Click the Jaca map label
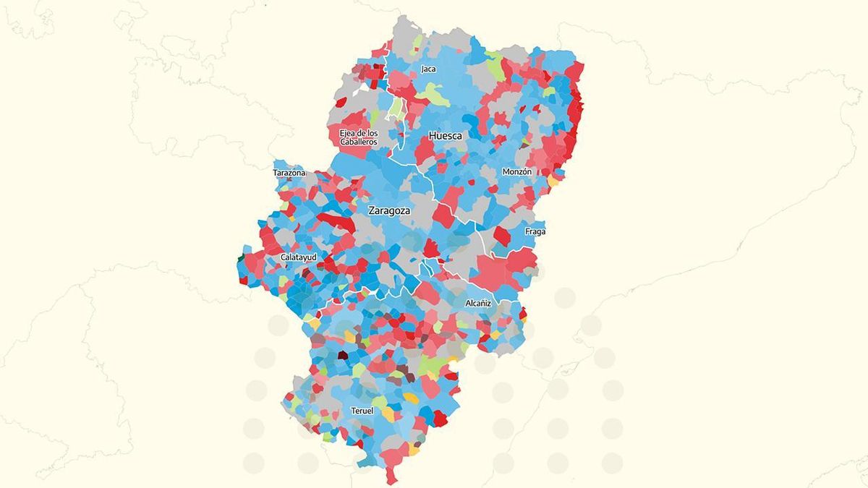[428, 69]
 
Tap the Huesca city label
[445, 136]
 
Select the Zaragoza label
[389, 212]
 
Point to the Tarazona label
[289, 174]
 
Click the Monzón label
[517, 172]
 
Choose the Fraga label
[536, 232]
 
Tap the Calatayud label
[298, 257]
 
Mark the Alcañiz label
[478, 304]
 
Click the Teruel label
[362, 411]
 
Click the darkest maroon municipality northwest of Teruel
[342, 355]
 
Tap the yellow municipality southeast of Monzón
[555, 179]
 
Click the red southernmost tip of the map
[392, 478]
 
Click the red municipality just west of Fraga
[501, 236]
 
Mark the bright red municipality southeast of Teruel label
[438, 419]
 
